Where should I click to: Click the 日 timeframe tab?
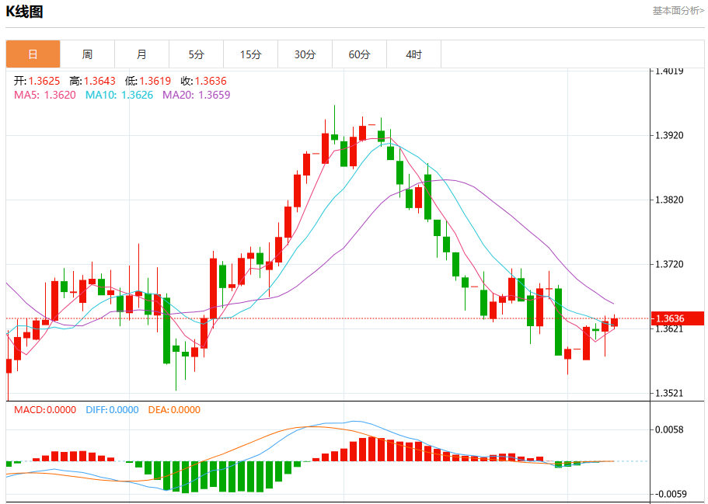click(x=33, y=54)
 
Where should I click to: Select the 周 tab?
click(x=87, y=54)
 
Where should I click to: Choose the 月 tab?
click(x=141, y=54)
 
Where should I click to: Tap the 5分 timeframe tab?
click(x=196, y=54)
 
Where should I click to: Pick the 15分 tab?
click(x=250, y=54)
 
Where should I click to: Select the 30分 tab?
click(x=305, y=54)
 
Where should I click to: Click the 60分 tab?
click(x=359, y=54)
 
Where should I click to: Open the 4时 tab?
click(x=413, y=54)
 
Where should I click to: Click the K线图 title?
click(x=24, y=12)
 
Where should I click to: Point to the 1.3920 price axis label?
click(x=669, y=135)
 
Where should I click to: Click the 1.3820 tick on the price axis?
click(x=669, y=200)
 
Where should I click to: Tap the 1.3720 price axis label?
click(x=669, y=264)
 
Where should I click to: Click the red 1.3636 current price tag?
click(x=677, y=318)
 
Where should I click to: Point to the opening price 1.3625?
click(x=44, y=81)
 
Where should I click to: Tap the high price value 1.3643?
click(x=99, y=81)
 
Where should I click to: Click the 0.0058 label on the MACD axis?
click(x=669, y=429)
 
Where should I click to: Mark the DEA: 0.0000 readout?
click(x=174, y=410)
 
